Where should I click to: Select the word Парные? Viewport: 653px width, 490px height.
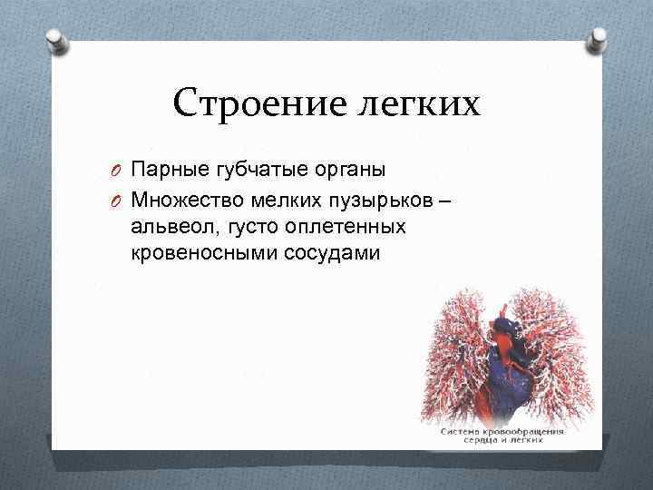169,169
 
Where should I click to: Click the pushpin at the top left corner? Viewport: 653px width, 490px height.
54,41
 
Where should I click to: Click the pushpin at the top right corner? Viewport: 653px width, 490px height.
599,41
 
